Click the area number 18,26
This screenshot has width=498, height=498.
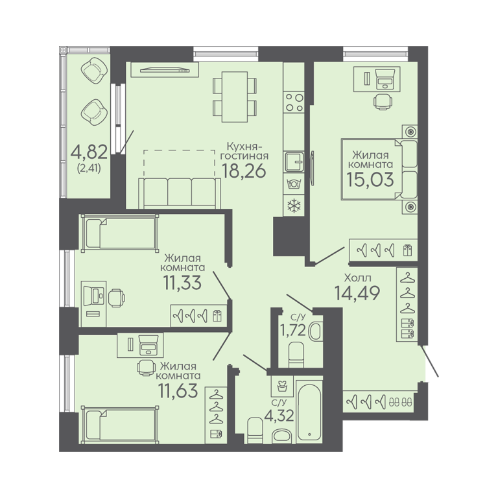[x=244, y=171]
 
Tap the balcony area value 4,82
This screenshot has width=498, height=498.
[x=89, y=152]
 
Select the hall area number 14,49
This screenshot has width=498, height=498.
[x=357, y=293]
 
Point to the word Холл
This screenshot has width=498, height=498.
[x=358, y=278]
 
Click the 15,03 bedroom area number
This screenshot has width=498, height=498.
[x=370, y=180]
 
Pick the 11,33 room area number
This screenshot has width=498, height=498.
[x=182, y=282]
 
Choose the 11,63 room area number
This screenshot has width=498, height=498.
[x=178, y=390]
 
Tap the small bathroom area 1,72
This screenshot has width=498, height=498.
[x=292, y=330]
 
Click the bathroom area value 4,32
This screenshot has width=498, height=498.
[x=279, y=416]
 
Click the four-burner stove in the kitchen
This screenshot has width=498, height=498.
[x=294, y=102]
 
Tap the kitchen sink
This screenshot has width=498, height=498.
[x=294, y=161]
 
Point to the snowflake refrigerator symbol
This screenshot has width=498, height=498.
[x=294, y=206]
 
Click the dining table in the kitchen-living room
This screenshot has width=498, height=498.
[x=234, y=97]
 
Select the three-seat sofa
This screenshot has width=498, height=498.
[x=180, y=193]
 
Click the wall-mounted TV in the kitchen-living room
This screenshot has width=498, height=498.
[x=165, y=69]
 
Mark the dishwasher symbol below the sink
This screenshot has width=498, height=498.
[x=294, y=184]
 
